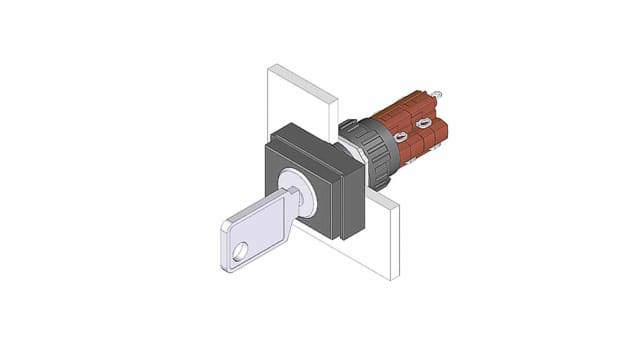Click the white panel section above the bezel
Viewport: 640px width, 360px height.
pyautogui.click(x=300, y=100)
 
